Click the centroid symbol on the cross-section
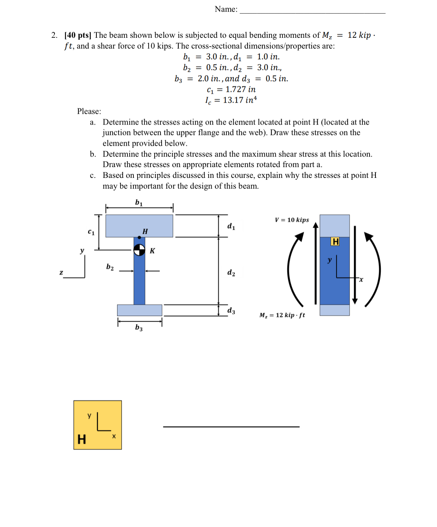tap(139, 250)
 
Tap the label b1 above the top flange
tap(139, 202)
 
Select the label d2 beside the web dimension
tap(231, 273)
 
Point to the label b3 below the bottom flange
tap(139, 328)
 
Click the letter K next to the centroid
tap(152, 251)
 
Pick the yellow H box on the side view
tap(335, 242)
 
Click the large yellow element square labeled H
tap(97, 425)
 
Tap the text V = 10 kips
tap(292, 220)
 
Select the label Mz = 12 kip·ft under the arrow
tap(282, 315)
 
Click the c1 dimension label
tap(91, 232)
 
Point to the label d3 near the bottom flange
tap(231, 311)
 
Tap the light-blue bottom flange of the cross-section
tap(139, 310)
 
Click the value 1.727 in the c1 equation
tap(235, 89)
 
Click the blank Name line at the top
tap(312, 11)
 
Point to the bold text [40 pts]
tap(77, 35)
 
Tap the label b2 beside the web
tap(110, 267)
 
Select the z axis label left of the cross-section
tap(61, 273)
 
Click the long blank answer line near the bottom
tap(231, 427)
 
